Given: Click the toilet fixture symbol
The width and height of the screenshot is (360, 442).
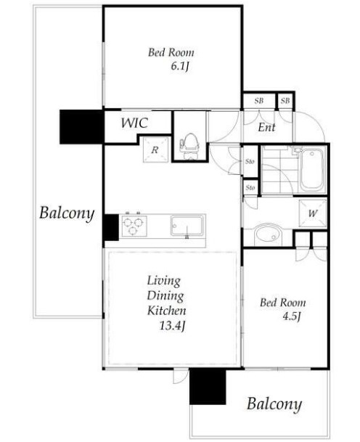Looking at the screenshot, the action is (189, 146).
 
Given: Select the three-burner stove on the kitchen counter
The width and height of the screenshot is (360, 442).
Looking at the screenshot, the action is (134, 225).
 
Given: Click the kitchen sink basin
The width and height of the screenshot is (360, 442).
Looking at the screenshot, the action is (187, 225).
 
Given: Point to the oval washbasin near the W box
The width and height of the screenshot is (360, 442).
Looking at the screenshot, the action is (268, 234).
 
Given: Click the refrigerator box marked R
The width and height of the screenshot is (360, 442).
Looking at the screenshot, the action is (155, 150).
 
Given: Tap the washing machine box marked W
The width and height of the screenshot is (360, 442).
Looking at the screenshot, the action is (313, 213).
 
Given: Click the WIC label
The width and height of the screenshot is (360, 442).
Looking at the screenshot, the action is (134, 123).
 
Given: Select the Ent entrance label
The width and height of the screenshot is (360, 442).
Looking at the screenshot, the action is (266, 128).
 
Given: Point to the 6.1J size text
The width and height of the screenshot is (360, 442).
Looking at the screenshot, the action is (179, 67).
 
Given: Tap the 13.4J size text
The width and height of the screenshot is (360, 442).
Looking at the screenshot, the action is (172, 326).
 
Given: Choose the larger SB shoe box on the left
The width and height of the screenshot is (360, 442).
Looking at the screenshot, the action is (259, 101).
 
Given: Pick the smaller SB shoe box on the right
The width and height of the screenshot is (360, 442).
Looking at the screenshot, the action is (285, 101).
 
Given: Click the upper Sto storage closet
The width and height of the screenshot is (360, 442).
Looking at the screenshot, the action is (250, 161).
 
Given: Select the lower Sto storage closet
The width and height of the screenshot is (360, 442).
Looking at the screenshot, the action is (250, 187).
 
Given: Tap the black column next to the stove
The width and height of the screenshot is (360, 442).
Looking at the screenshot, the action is (111, 227).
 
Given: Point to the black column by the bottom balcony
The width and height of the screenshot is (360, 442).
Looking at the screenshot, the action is (208, 386).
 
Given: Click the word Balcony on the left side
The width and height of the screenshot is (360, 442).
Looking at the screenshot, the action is (67, 213).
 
